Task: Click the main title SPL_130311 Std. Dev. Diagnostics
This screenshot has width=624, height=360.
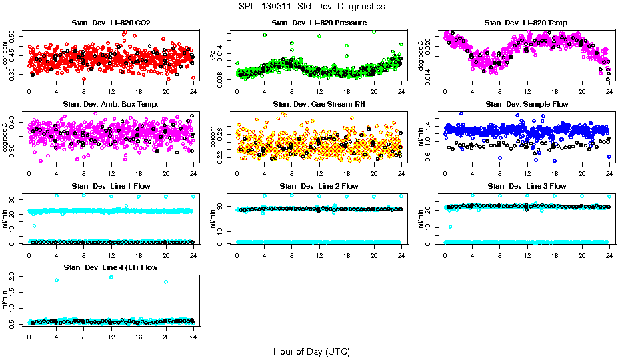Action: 311,6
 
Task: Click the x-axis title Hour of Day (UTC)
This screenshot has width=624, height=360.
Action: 311,351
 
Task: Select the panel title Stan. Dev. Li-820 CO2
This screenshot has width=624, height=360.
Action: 111,23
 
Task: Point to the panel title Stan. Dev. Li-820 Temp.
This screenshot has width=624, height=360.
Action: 527,23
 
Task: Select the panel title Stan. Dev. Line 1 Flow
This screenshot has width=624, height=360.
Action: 111,186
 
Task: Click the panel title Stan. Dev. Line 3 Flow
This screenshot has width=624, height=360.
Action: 527,186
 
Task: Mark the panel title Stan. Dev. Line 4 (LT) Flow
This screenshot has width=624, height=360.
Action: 111,267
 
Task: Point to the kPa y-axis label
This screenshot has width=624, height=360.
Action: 213,56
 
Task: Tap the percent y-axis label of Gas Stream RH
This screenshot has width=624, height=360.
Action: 213,137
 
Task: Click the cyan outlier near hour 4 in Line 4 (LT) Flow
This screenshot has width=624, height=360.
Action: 57,280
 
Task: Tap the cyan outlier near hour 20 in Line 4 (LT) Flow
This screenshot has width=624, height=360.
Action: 166,281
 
